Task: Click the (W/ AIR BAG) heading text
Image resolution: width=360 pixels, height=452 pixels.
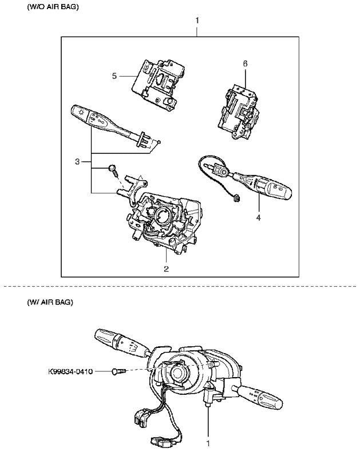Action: tap(50, 302)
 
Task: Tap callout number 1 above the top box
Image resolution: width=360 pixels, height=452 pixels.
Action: tap(197, 20)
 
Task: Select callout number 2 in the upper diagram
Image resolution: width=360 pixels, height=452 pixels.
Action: tap(167, 268)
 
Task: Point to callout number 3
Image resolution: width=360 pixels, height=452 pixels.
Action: tap(78, 162)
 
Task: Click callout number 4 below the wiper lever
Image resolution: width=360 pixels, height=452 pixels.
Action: tap(258, 217)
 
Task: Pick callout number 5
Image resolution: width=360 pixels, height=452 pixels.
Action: tap(114, 75)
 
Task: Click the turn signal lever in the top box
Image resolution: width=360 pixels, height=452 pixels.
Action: tap(103, 123)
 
